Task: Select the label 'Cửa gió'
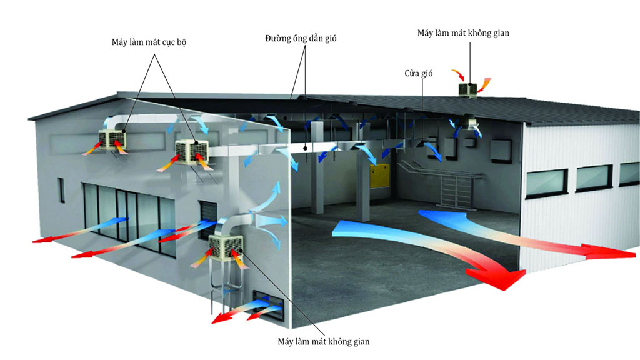click(418, 73)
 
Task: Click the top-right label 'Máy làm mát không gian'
click(463, 32)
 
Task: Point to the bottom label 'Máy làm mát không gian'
click(324, 342)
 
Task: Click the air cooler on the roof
click(469, 89)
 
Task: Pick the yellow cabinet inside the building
click(379, 176)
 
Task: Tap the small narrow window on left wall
click(62, 190)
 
